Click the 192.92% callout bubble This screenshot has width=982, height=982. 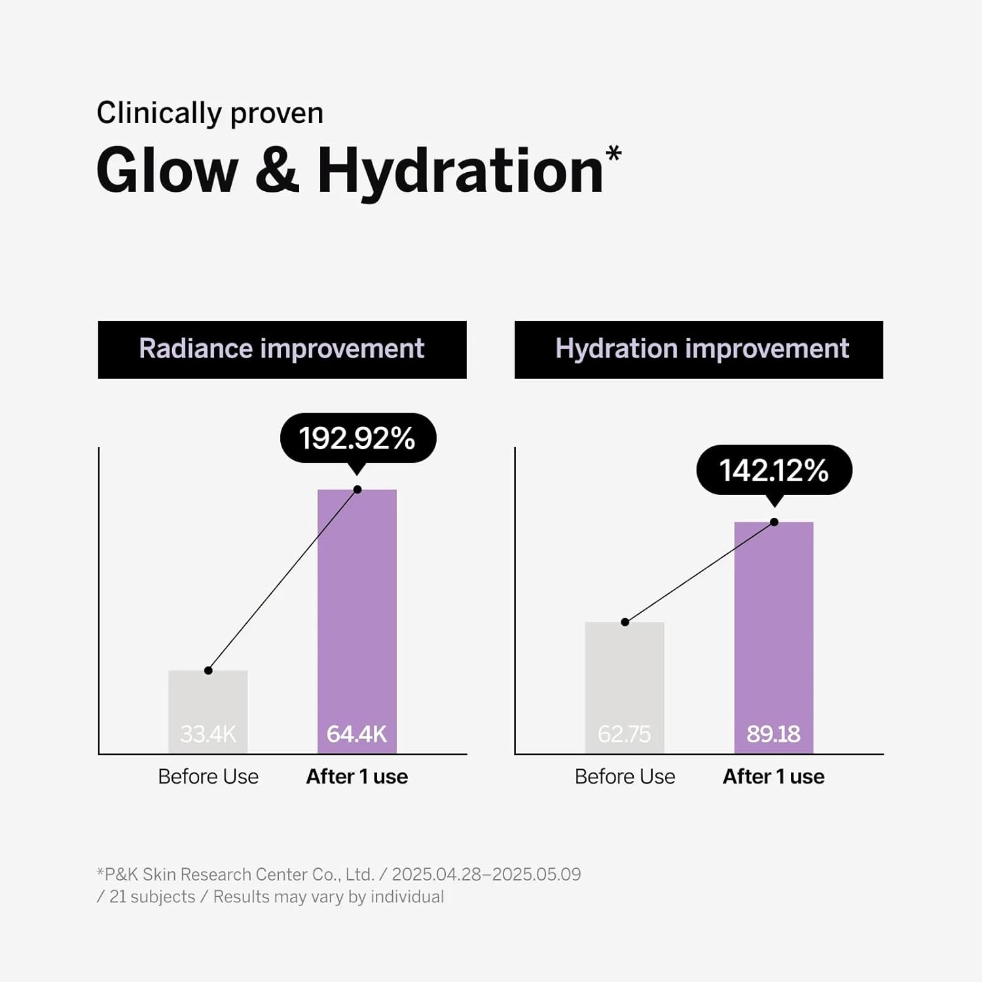[357, 438]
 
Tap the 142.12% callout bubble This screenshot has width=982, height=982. [774, 470]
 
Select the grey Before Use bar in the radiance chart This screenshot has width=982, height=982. [208, 700]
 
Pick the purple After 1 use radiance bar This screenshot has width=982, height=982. [357, 609]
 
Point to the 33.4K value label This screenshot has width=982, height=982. [208, 734]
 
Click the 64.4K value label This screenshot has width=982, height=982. [357, 734]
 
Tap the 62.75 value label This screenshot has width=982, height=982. [625, 734]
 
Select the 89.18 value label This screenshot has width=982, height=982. [774, 734]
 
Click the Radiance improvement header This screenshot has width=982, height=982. [282, 349]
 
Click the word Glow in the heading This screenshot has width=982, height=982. [167, 170]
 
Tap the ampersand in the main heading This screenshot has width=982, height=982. [277, 170]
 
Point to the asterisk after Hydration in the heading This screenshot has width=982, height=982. [613, 155]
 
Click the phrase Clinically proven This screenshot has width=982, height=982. [210, 113]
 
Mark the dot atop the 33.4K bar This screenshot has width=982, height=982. [208, 670]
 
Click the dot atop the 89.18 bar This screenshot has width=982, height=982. [774, 522]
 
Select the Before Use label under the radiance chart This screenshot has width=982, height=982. [208, 776]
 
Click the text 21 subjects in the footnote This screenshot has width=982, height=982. [152, 897]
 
